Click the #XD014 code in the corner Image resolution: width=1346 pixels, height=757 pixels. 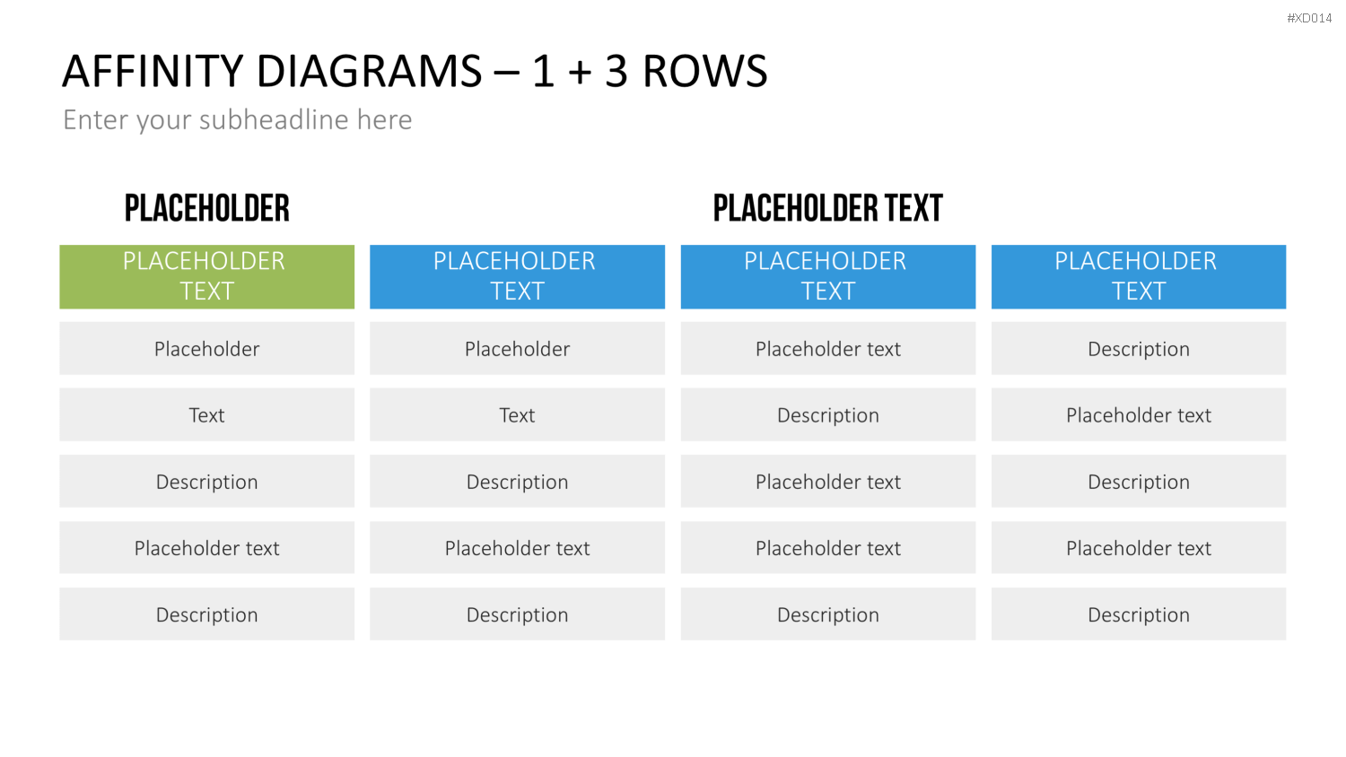point(1308,18)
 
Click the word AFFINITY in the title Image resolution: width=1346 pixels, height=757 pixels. point(152,72)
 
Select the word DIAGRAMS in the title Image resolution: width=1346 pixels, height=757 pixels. point(370,72)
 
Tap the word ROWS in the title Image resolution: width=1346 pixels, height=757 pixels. point(704,72)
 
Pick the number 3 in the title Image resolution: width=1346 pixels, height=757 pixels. point(616,72)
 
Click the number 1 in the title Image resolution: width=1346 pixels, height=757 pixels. point(543,72)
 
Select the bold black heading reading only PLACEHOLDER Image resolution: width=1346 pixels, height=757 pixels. point(206,208)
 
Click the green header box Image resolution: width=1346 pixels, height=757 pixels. point(206,276)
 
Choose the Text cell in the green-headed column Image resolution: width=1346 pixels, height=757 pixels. point(206,414)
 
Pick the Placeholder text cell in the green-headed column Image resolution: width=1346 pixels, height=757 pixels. point(206,547)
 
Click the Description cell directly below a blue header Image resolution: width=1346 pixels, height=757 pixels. point(1139,349)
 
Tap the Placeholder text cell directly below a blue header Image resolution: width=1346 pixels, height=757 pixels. point(828,349)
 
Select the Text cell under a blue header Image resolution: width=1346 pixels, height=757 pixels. point(518,414)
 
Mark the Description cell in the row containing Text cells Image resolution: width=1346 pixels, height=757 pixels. point(828,414)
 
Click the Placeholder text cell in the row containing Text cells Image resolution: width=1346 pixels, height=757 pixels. point(1139,414)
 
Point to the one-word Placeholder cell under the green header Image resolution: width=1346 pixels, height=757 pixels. point(206,349)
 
